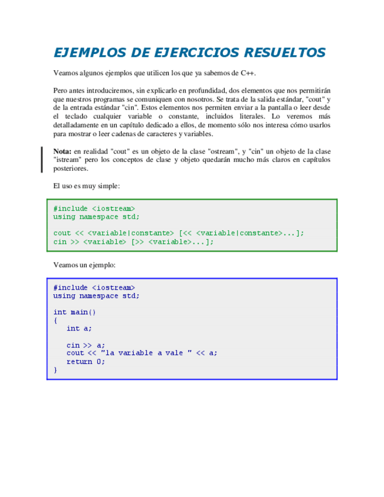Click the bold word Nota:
click(x=63, y=151)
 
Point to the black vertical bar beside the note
click(x=42, y=159)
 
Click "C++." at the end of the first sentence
click(x=247, y=73)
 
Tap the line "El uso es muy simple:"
click(x=86, y=186)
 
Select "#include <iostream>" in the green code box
click(x=94, y=209)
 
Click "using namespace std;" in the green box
click(x=96, y=217)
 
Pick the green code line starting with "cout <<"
click(x=179, y=233)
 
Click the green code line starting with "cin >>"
click(x=133, y=241)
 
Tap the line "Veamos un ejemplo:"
click(x=84, y=265)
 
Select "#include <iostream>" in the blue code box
click(x=94, y=288)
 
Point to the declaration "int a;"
click(x=79, y=329)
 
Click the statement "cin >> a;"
click(x=86, y=345)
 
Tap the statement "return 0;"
click(x=86, y=362)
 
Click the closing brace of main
click(x=56, y=370)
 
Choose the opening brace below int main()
click(x=56, y=321)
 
